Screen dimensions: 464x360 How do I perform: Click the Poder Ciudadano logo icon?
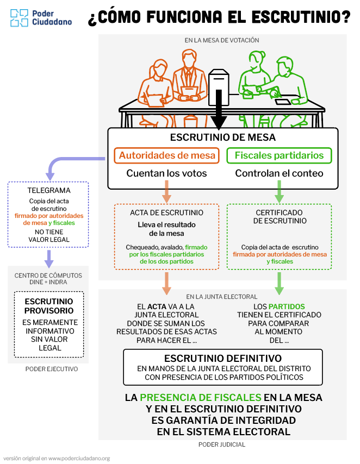[x=19, y=17]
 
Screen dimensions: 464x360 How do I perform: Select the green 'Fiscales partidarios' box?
[x=279, y=155]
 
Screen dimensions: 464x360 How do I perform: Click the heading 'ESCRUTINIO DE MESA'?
[x=223, y=137]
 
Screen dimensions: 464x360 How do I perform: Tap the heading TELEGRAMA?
[x=49, y=191]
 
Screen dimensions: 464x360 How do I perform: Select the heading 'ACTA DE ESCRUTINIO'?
[x=166, y=212]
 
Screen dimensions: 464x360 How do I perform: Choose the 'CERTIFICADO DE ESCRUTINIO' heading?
[x=280, y=217]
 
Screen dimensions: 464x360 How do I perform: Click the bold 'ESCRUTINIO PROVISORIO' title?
[x=49, y=306]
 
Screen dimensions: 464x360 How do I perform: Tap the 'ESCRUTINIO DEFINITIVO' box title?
[x=223, y=359]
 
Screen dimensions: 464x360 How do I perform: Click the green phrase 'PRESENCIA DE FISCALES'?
[x=201, y=398]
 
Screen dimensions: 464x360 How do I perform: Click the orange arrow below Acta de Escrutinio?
[x=166, y=282]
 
